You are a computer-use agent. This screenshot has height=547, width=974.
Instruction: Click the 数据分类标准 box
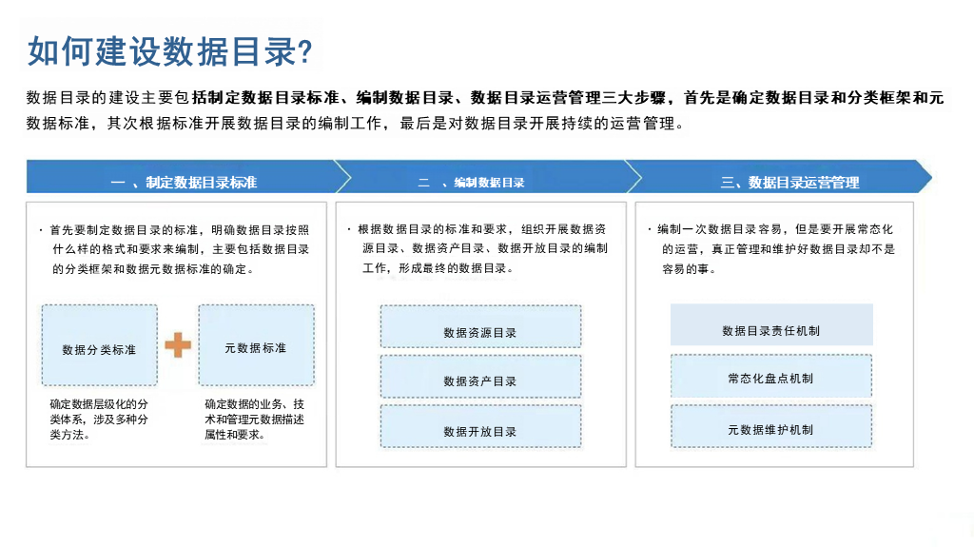click(x=99, y=349)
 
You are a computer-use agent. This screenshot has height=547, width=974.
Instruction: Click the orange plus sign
click(x=178, y=345)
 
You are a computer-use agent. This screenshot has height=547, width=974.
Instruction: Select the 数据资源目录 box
click(x=480, y=332)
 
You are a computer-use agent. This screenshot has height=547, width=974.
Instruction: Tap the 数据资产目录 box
click(x=480, y=381)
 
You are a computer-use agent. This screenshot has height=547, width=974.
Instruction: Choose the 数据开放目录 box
click(x=480, y=431)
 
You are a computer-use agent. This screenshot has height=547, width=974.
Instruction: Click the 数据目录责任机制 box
click(x=770, y=330)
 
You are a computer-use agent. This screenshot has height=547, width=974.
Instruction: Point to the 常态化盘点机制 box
click(x=770, y=378)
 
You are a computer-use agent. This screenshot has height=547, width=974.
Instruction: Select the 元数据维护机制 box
click(x=770, y=429)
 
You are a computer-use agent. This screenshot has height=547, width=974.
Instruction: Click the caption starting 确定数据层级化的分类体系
click(x=99, y=420)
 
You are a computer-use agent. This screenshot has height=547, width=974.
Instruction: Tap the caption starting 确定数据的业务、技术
click(x=254, y=420)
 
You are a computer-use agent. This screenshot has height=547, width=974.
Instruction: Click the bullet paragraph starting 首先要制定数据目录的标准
click(x=179, y=249)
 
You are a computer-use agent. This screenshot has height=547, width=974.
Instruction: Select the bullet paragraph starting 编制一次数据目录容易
click(x=775, y=249)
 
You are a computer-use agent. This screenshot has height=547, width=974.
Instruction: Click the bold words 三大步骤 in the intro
click(x=636, y=98)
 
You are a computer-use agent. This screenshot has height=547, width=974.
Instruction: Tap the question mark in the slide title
click(x=305, y=52)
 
